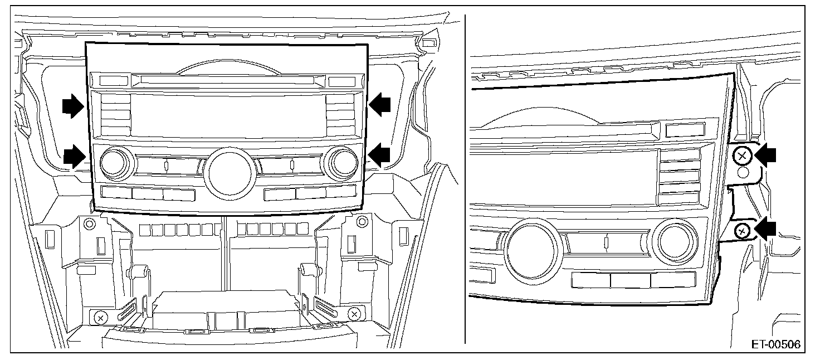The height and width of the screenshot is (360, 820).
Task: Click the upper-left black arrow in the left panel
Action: (72, 105)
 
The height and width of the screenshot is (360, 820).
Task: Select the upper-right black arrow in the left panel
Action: (380, 105)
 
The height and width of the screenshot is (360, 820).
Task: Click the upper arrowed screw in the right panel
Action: (743, 157)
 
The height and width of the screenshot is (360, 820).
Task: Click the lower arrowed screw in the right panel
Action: (741, 230)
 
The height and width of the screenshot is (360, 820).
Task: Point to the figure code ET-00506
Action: (775, 344)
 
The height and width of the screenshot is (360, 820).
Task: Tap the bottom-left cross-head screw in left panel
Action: (100, 318)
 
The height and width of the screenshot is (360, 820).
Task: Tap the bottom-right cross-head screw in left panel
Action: (354, 314)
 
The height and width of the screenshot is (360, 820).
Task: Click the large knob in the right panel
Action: (531, 245)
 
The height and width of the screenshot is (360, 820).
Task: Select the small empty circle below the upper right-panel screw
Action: (743, 172)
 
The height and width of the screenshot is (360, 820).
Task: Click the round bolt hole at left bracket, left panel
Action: (88, 224)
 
